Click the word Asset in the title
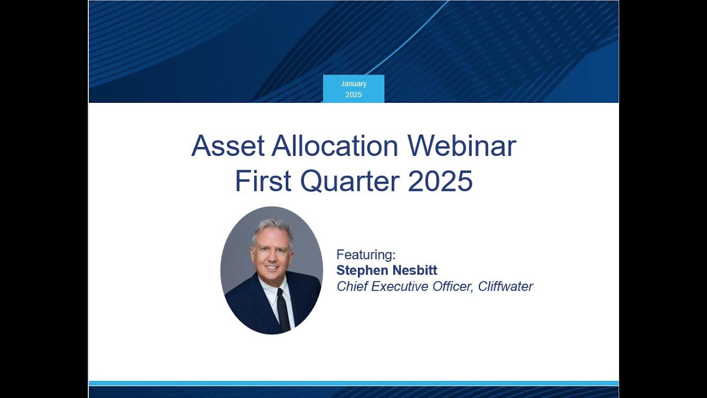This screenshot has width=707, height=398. [x=228, y=146]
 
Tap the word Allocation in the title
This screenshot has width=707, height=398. [x=335, y=146]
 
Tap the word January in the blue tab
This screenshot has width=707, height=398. [x=353, y=84]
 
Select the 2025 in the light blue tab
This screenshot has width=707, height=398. [x=353, y=95]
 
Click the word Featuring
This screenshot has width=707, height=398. [x=366, y=255]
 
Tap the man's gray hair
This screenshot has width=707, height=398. [x=272, y=227]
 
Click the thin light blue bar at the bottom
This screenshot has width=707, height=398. [x=353, y=383]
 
